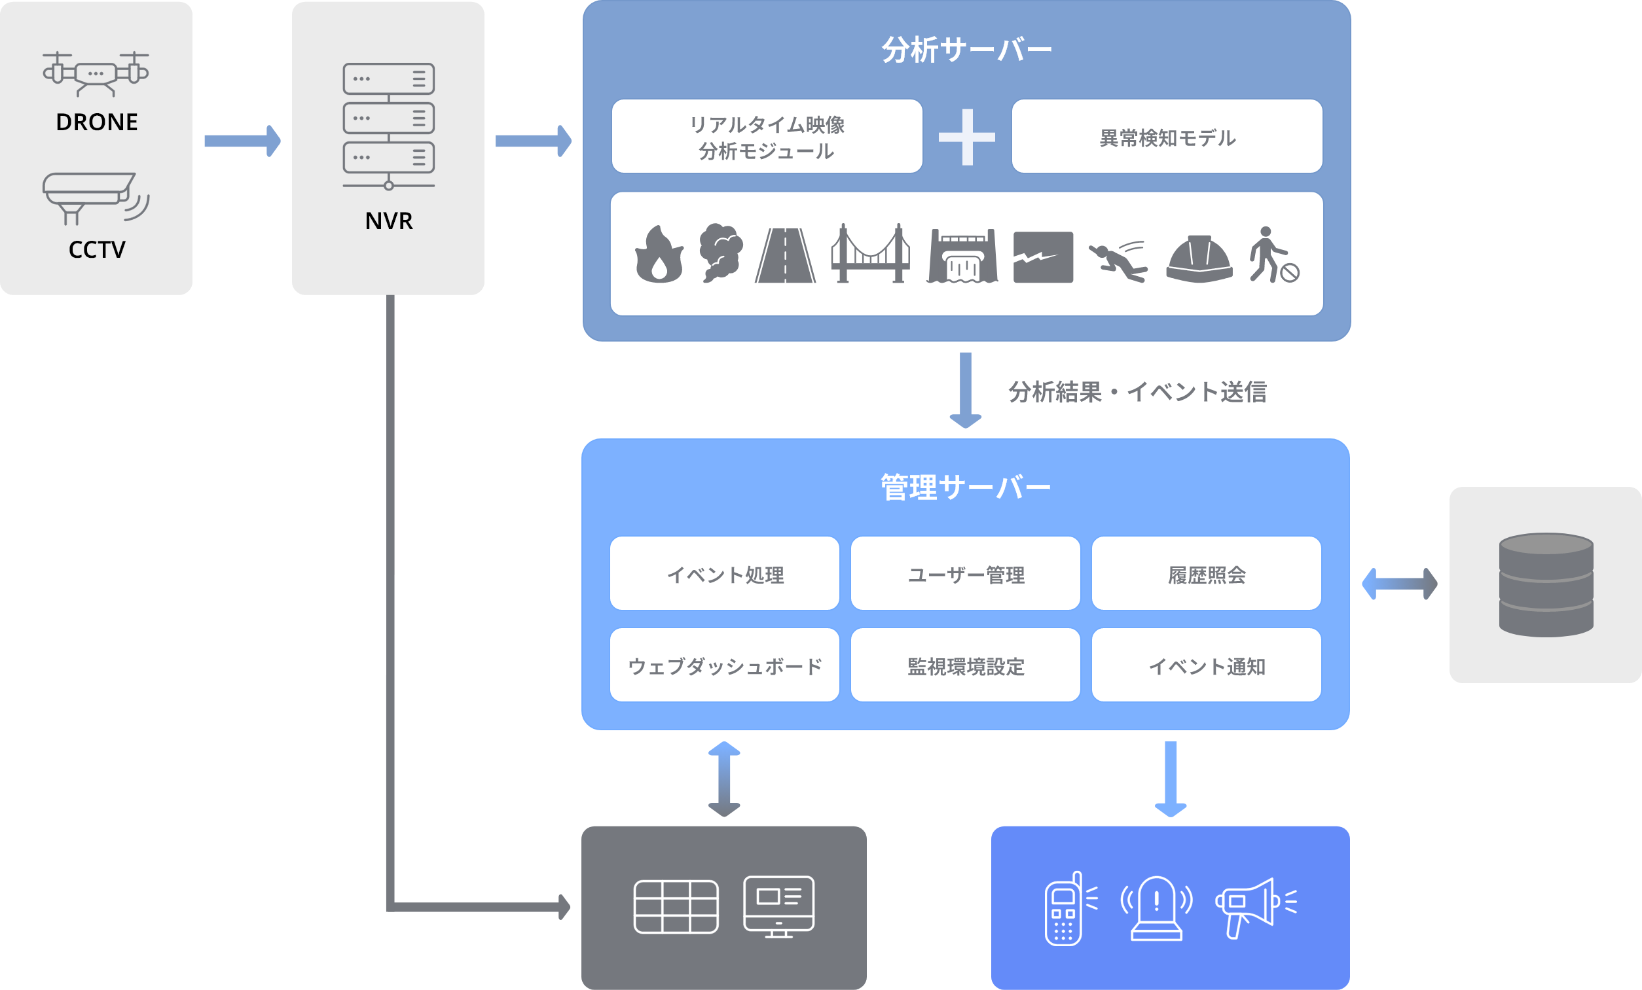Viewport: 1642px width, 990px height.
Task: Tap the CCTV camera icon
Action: tap(96, 198)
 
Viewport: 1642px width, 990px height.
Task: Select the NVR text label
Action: tap(388, 221)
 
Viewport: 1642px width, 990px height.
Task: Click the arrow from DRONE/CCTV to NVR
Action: tap(242, 141)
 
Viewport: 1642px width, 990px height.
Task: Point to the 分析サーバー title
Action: tap(966, 50)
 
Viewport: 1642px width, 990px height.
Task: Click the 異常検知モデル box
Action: tap(1167, 137)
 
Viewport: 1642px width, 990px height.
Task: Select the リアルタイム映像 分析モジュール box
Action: tap(767, 137)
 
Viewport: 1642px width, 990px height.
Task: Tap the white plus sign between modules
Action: tap(967, 137)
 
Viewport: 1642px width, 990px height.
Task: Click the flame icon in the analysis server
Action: tap(659, 255)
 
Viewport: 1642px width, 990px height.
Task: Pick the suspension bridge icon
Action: tap(870, 253)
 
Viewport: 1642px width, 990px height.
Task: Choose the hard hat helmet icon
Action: tap(1199, 258)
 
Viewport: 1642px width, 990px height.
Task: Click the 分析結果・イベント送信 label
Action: tap(1137, 392)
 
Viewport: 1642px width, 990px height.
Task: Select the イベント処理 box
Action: tap(724, 573)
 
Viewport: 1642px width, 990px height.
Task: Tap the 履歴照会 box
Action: tap(1206, 573)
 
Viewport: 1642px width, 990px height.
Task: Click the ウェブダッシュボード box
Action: tap(724, 665)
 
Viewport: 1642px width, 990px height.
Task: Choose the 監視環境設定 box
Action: tap(966, 665)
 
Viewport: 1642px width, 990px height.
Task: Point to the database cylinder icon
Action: tap(1546, 585)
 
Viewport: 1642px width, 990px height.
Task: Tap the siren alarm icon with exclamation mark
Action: tap(1156, 908)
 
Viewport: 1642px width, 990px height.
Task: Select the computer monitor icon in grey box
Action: tap(778, 907)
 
